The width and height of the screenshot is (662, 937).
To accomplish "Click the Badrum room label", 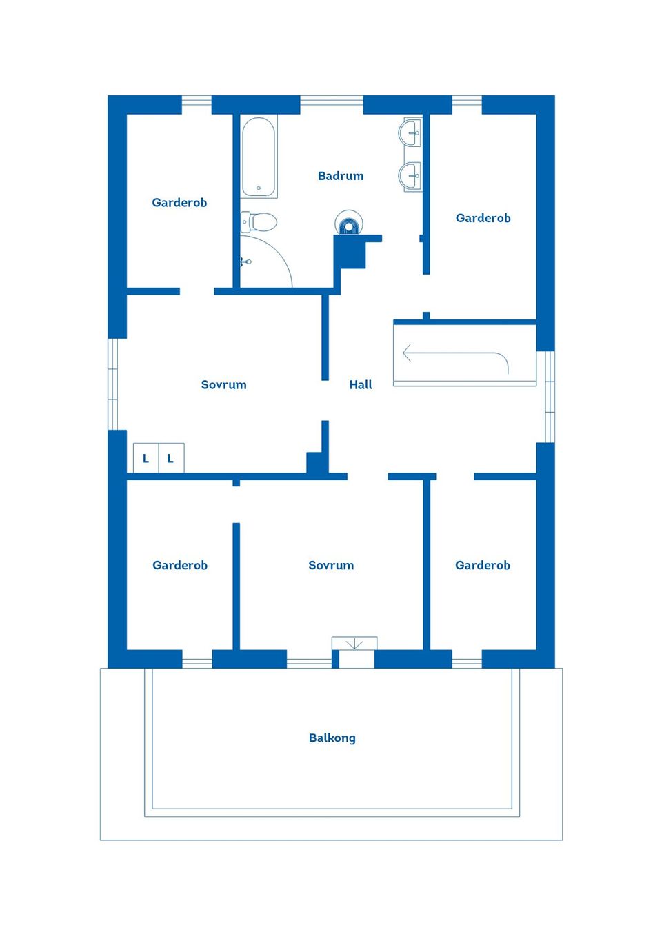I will (x=340, y=176).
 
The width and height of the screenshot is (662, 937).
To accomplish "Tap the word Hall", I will (x=360, y=385).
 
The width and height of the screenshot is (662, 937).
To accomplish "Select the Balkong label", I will (x=332, y=738).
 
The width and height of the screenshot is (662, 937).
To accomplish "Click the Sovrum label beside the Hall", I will (x=223, y=385).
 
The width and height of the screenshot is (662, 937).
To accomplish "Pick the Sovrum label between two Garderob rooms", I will (x=331, y=565).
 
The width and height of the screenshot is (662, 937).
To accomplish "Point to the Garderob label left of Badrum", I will (x=179, y=202).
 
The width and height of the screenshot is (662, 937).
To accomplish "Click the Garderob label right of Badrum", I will (x=483, y=218).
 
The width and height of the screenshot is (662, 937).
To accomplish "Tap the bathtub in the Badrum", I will (x=259, y=157).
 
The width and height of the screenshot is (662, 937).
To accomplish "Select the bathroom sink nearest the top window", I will (x=412, y=132).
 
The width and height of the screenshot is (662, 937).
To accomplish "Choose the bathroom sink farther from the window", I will (x=412, y=176).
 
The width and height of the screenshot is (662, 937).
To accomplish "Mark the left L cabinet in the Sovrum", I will (x=146, y=458).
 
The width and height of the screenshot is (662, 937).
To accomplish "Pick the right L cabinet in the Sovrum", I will (x=170, y=458).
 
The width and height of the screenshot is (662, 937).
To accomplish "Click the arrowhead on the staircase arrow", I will (x=406, y=354).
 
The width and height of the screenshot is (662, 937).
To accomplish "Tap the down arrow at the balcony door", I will (x=354, y=644).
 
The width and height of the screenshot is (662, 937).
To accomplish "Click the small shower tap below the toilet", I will (x=245, y=262).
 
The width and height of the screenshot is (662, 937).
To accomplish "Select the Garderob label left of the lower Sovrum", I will (x=179, y=565).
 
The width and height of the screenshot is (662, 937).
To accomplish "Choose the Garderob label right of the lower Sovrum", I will (x=482, y=565).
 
